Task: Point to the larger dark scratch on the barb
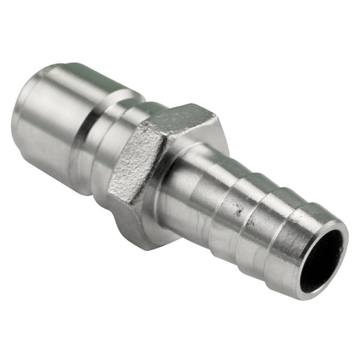pos(239,210)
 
